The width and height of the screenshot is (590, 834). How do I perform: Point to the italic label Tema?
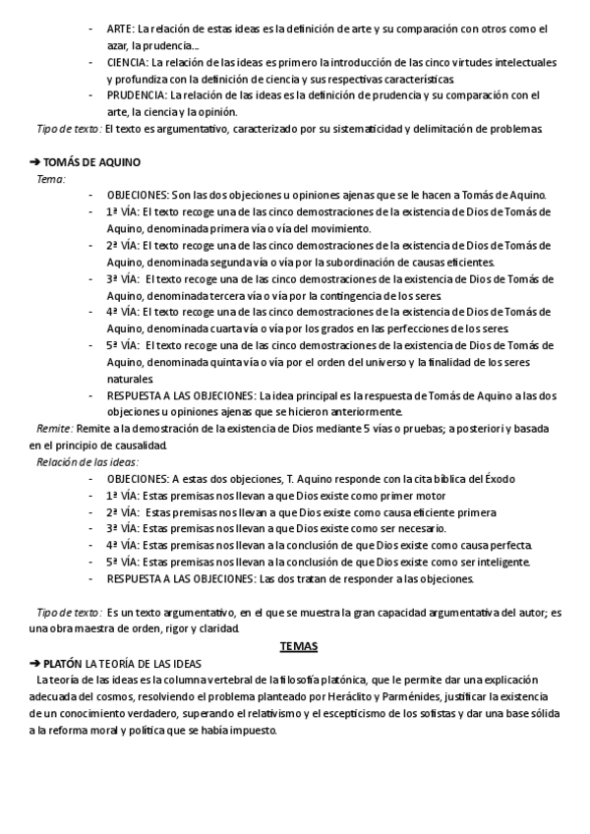[51, 178]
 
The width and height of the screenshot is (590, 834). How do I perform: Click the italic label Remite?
[55, 429]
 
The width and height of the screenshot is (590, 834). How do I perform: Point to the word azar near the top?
[119, 46]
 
